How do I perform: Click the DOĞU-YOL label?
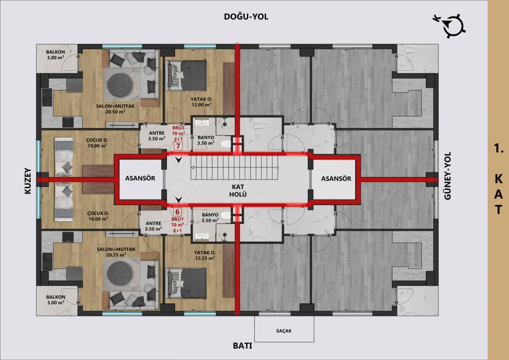(246, 17)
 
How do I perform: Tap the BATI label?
(243, 346)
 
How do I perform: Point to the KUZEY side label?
(28, 181)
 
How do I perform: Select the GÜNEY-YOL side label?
(447, 176)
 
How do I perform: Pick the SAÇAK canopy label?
(284, 331)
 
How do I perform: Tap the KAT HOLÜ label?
(238, 191)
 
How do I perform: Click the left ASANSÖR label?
(140, 178)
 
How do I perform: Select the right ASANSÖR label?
(336, 179)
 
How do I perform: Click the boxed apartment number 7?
(178, 146)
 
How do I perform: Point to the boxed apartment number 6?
(177, 212)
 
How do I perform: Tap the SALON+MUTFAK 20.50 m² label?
(115, 109)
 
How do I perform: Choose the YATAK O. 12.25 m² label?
(205, 255)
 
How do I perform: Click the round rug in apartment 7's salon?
(120, 85)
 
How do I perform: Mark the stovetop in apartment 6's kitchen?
(68, 236)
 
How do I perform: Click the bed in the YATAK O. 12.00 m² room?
(187, 75)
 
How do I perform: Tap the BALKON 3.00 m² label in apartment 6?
(56, 300)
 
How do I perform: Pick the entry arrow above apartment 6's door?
(179, 200)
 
